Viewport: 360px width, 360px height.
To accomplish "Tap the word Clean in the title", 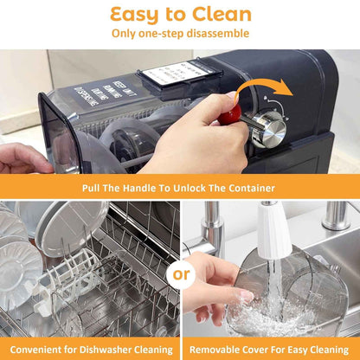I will coord(220,14).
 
